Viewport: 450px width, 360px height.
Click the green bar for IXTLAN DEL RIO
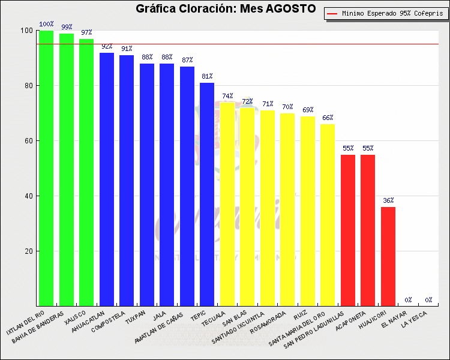[x=46, y=168]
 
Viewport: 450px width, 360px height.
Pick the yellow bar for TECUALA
[x=227, y=204]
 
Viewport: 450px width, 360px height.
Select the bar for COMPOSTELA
[x=127, y=180]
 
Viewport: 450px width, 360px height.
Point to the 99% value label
[x=67, y=27]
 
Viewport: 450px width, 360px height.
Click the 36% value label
[x=388, y=200]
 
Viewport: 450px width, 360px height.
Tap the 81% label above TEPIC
[x=207, y=76]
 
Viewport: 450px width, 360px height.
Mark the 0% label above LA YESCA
[x=428, y=300]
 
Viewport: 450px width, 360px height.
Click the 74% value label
[x=227, y=96]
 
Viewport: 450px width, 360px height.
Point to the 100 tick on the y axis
[x=26, y=31]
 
